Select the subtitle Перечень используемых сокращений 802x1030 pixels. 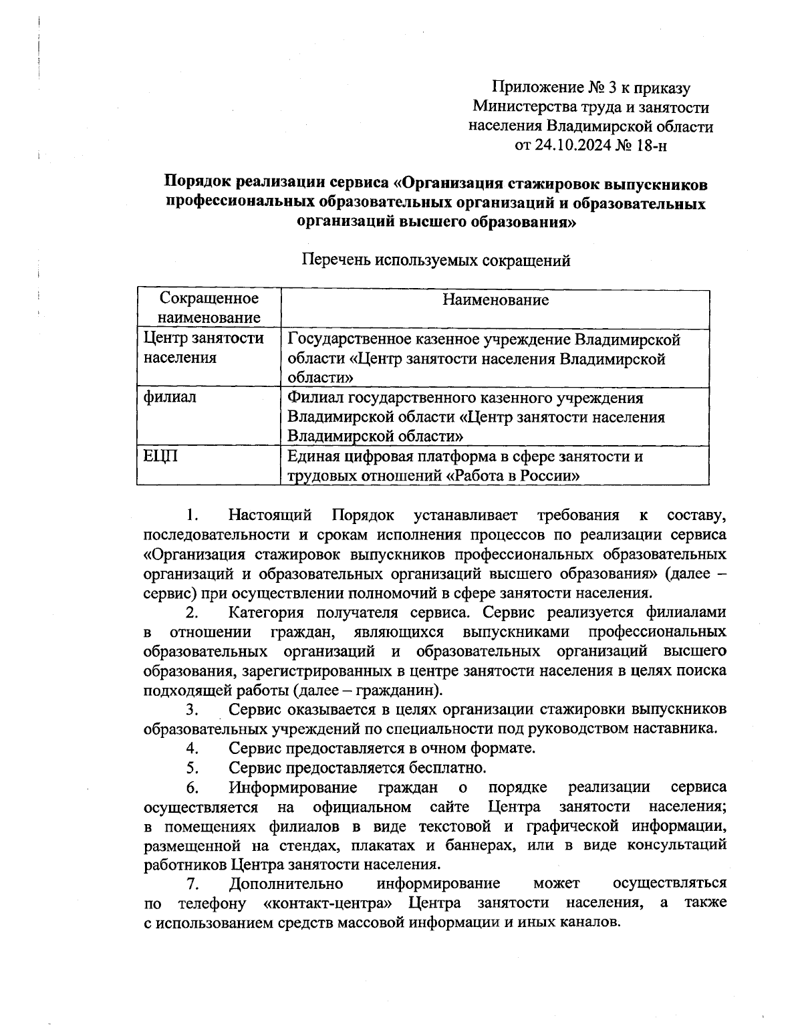coord(436,260)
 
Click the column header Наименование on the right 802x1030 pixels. coord(495,299)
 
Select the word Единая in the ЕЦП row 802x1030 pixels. coord(313,456)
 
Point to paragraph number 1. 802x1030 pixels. coord(192,515)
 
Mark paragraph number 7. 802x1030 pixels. coord(192,884)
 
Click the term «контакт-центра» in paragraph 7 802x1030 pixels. coord(327,903)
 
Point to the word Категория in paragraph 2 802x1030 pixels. coord(266,612)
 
